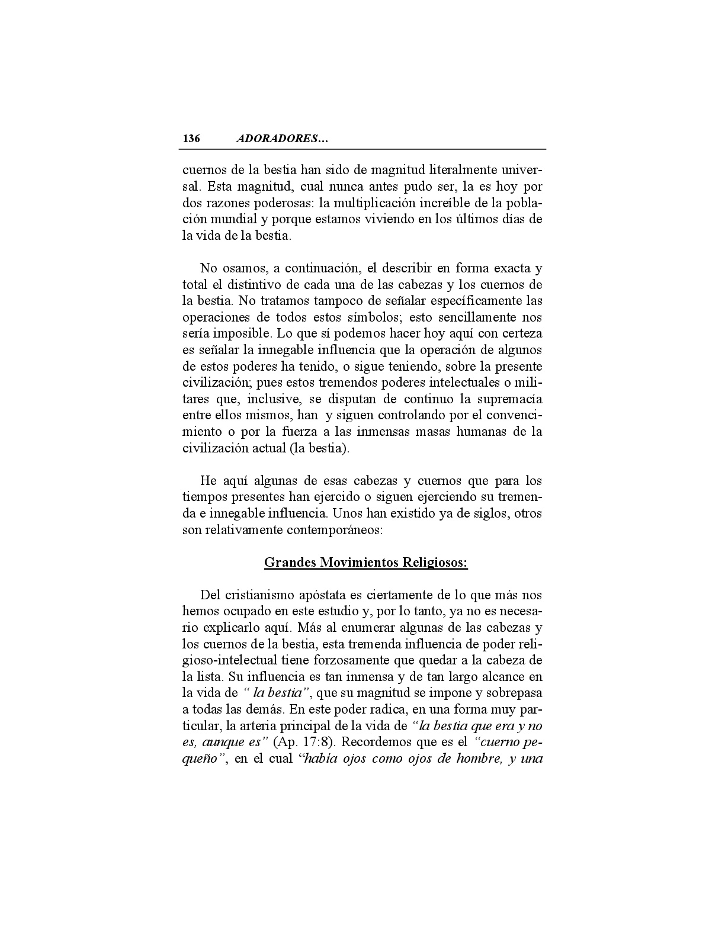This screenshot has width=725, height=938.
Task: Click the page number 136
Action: [x=191, y=139]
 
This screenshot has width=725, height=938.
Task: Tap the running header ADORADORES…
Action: [x=282, y=139]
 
